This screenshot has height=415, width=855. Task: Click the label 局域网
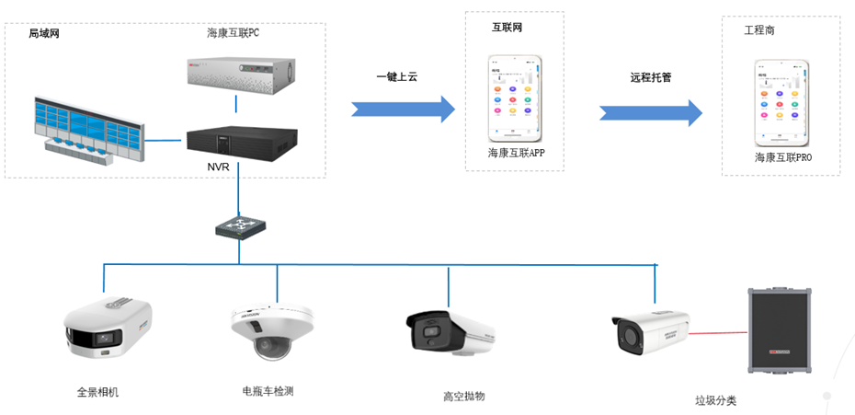(44, 33)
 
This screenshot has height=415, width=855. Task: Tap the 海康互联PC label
(234, 32)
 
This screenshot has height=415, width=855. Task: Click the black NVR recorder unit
(242, 142)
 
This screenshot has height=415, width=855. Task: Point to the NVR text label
(218, 167)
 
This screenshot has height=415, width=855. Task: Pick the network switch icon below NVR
(238, 225)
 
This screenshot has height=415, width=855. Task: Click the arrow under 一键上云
(404, 109)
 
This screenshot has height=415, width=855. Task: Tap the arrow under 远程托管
(651, 111)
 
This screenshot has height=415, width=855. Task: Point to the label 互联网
(507, 29)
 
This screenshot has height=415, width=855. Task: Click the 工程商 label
(759, 30)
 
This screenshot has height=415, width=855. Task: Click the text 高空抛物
(463, 396)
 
